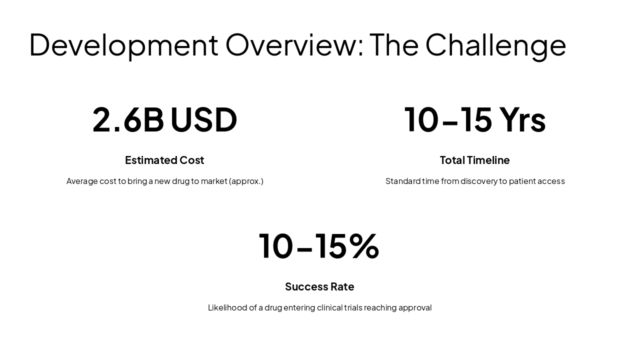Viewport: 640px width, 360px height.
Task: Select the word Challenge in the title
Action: pyautogui.click(x=495, y=45)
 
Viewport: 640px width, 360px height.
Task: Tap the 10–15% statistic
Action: pyautogui.click(x=319, y=246)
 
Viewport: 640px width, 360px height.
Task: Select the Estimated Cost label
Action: pyautogui.click(x=164, y=160)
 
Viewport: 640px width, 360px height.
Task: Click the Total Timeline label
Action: pyautogui.click(x=474, y=160)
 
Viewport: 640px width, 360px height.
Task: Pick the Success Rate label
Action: pyautogui.click(x=319, y=286)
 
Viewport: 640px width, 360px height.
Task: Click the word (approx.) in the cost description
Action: pyautogui.click(x=246, y=181)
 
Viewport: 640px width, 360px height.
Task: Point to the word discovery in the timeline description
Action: pyautogui.click(x=478, y=181)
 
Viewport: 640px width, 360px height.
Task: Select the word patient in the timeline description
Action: pyautogui.click(x=521, y=181)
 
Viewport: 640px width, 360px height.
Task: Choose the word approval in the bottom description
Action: pyautogui.click(x=415, y=307)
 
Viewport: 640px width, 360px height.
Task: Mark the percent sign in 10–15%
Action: pyautogui.click(x=364, y=246)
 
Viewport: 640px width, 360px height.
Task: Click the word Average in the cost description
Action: pyautogui.click(x=82, y=181)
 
